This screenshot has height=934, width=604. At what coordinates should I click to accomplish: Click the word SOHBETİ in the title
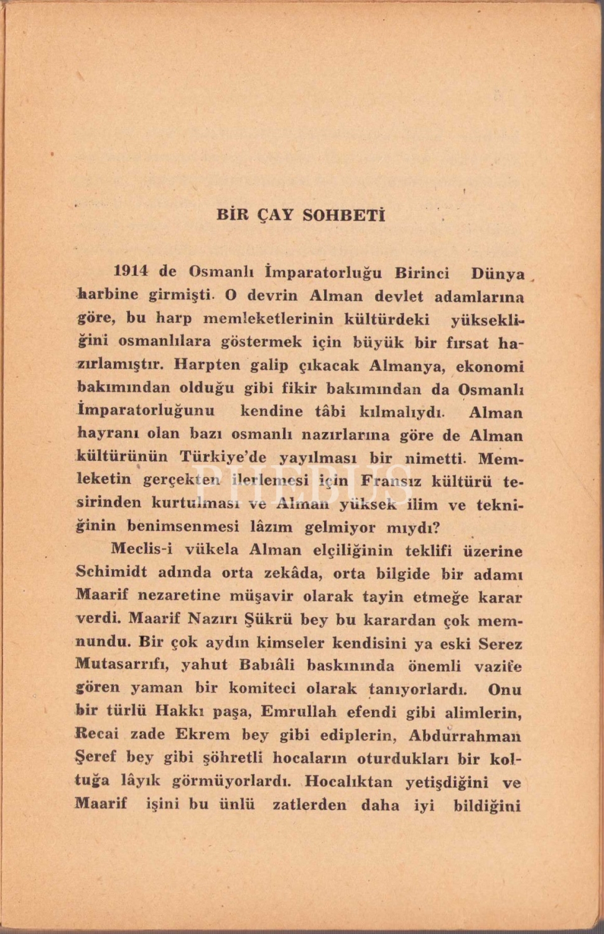343,215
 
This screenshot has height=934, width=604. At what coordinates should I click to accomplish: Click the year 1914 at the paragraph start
131,271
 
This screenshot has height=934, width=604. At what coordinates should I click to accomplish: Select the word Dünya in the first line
498,273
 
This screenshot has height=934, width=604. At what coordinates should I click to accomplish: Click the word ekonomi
490,367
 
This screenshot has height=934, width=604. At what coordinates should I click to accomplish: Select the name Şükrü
269,620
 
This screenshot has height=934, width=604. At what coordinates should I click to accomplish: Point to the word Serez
500,644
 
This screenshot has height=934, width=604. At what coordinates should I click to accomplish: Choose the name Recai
96,734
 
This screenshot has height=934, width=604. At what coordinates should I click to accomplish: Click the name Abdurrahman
465,736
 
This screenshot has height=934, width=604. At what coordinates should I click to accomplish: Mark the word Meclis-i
141,549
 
